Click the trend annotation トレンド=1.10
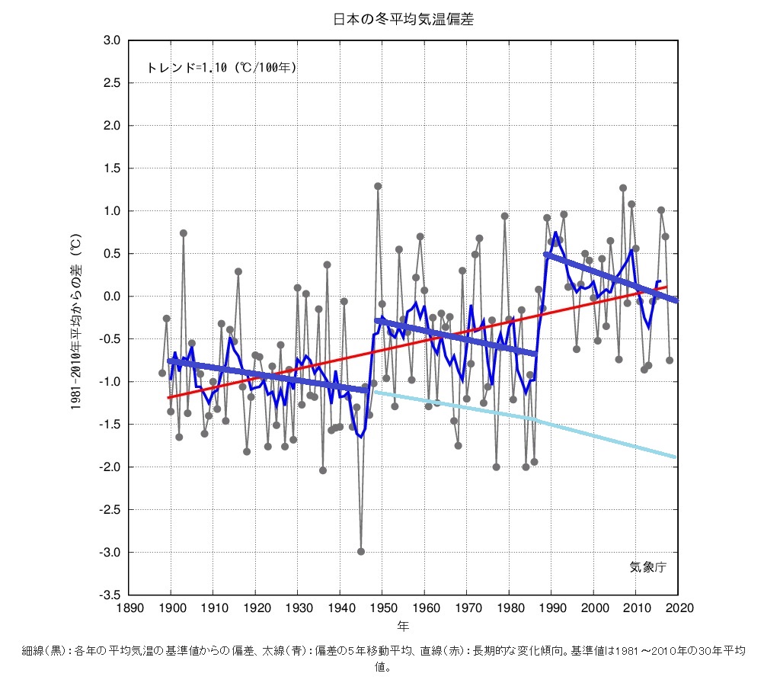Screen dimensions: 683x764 (x=221, y=68)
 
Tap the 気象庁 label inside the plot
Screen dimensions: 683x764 (x=647, y=567)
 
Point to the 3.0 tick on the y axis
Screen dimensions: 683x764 (x=112, y=40)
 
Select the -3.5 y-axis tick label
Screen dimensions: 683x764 (x=110, y=595)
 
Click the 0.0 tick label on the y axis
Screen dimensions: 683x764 (x=112, y=296)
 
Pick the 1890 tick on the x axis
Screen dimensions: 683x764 (x=128, y=608)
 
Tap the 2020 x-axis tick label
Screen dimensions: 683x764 (x=677, y=608)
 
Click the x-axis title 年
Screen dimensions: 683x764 (x=403, y=626)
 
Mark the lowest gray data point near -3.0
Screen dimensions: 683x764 (x=361, y=552)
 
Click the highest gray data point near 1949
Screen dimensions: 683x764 (x=378, y=186)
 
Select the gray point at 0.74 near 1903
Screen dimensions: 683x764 (x=184, y=233)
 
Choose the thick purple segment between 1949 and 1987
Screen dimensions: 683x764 (x=457, y=338)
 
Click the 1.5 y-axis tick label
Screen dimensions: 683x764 (x=112, y=168)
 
